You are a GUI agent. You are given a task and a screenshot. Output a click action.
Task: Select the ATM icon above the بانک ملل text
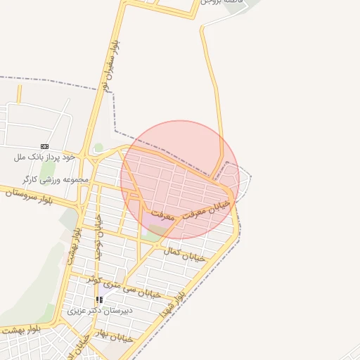pos(45,146)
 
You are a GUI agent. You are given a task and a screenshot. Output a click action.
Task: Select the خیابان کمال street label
pos(184,254)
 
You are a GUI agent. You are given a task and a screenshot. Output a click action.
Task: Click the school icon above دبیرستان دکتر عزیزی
pos(100,300)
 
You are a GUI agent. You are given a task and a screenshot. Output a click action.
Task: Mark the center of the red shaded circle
pos(180,179)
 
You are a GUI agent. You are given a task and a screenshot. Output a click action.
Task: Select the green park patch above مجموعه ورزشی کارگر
pos(48,169)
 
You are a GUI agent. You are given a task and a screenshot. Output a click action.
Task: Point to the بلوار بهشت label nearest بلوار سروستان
pos(75,243)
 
